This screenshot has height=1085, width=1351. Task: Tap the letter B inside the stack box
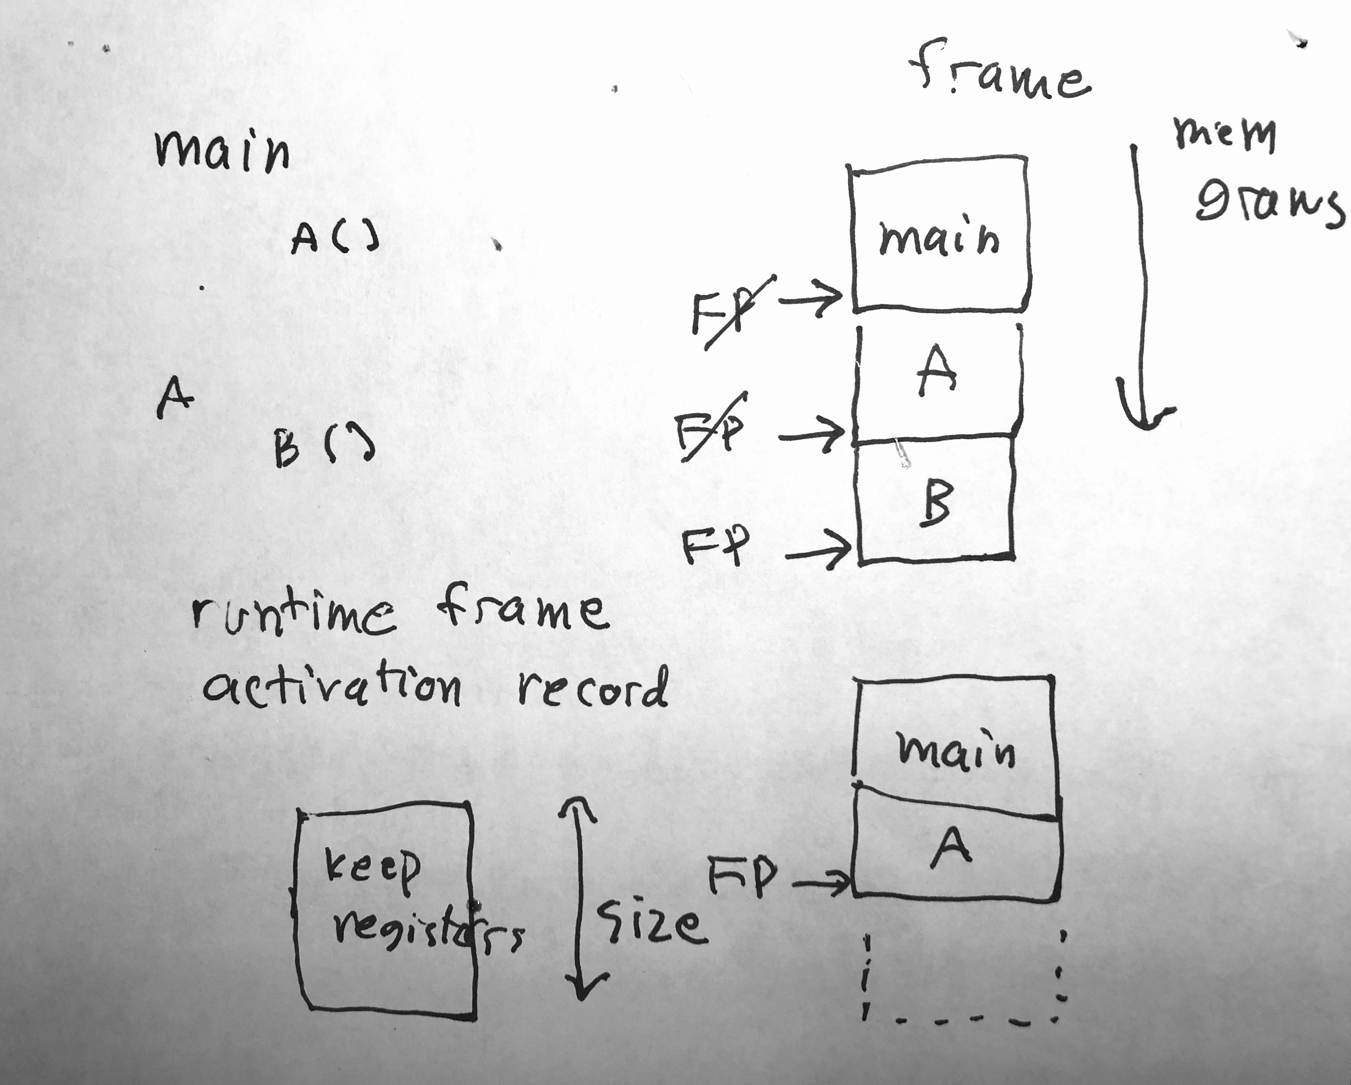pos(936,502)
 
